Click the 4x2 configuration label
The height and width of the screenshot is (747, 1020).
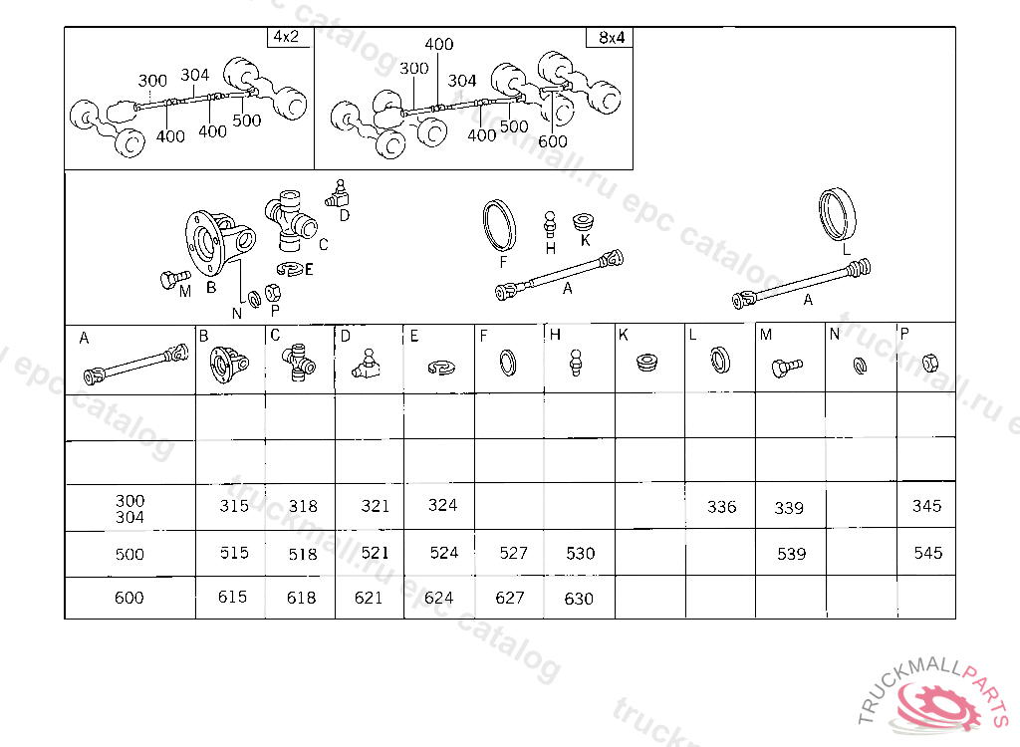pos(286,37)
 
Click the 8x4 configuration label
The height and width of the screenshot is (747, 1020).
pos(612,38)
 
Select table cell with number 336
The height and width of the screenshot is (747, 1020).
pos(721,506)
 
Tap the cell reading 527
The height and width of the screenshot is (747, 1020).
pos(513,553)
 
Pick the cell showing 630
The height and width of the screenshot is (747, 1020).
pos(579,599)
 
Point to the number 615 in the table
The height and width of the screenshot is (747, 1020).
pos(232,597)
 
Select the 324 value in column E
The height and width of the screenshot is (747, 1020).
pos(442,505)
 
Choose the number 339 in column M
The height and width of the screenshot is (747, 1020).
pos(789,508)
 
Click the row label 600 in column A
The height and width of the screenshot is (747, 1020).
pos(128,598)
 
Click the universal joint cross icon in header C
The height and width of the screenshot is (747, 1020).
pos(299,363)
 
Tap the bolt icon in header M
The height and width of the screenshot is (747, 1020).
pos(787,368)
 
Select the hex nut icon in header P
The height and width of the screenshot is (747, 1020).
pos(930,363)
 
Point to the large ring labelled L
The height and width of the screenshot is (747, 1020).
pos(837,214)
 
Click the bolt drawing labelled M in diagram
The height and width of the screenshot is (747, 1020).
pos(174,279)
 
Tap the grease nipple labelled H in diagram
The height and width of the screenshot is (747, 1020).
pos(550,225)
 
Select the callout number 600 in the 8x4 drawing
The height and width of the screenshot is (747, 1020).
pos(552,141)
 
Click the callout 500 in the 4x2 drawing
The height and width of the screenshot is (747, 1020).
pos(247,121)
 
